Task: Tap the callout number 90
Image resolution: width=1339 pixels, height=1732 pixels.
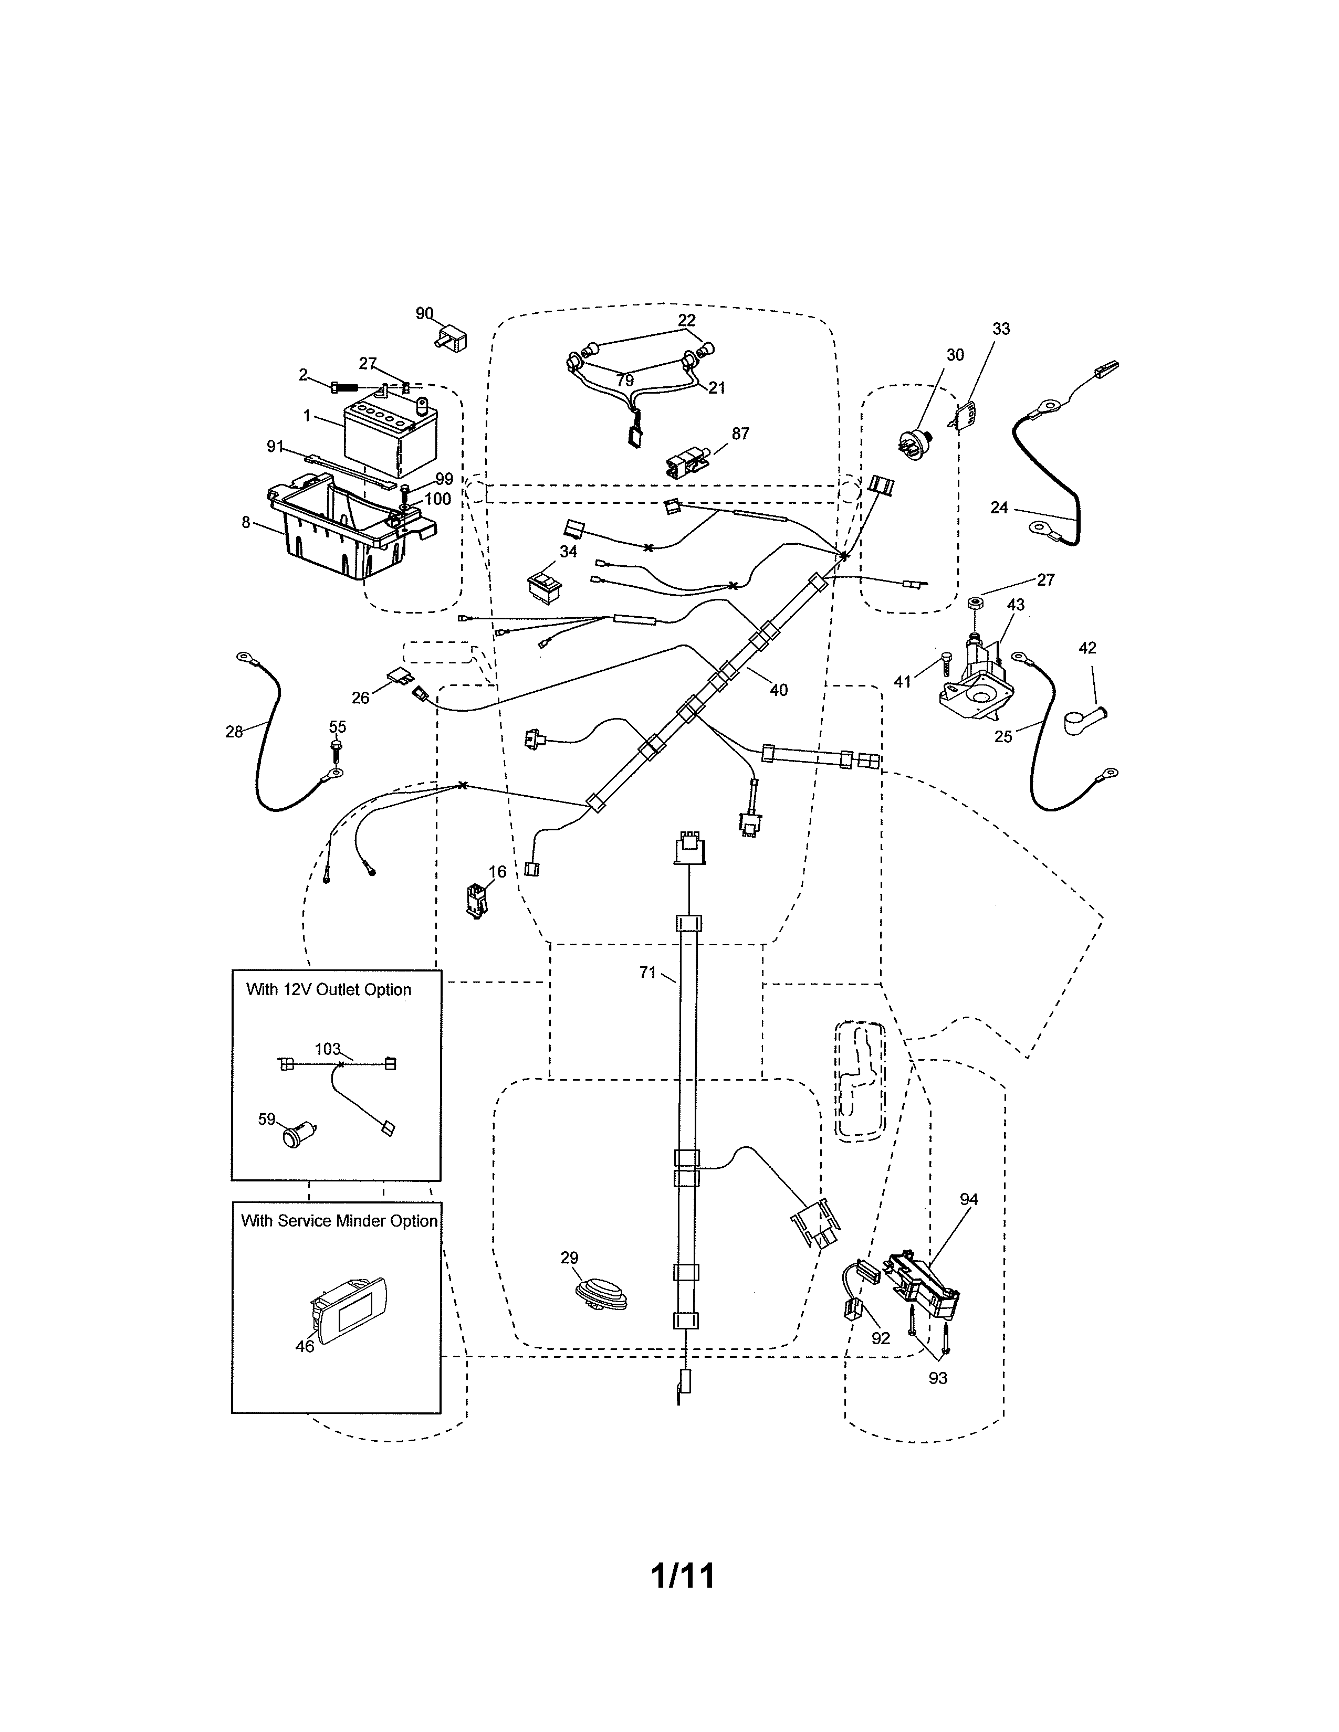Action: (424, 313)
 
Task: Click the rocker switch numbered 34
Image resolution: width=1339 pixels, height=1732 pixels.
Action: (544, 585)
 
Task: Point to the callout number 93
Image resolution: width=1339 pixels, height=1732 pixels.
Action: (938, 1378)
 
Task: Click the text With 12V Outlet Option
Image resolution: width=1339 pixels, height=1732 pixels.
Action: (328, 990)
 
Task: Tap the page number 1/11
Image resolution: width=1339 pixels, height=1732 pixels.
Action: (682, 1576)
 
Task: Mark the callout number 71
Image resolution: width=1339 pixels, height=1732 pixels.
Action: (648, 971)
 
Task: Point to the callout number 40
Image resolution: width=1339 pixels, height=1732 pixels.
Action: (778, 690)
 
